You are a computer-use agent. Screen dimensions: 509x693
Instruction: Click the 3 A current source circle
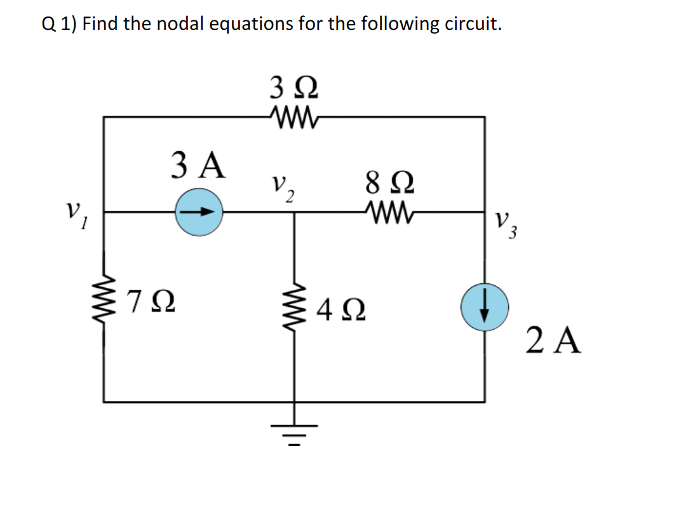[198, 212]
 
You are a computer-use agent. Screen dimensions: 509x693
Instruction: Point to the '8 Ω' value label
[389, 181]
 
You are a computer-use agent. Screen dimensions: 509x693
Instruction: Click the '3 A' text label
[198, 166]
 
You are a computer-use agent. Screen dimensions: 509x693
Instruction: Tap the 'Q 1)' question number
[60, 25]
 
